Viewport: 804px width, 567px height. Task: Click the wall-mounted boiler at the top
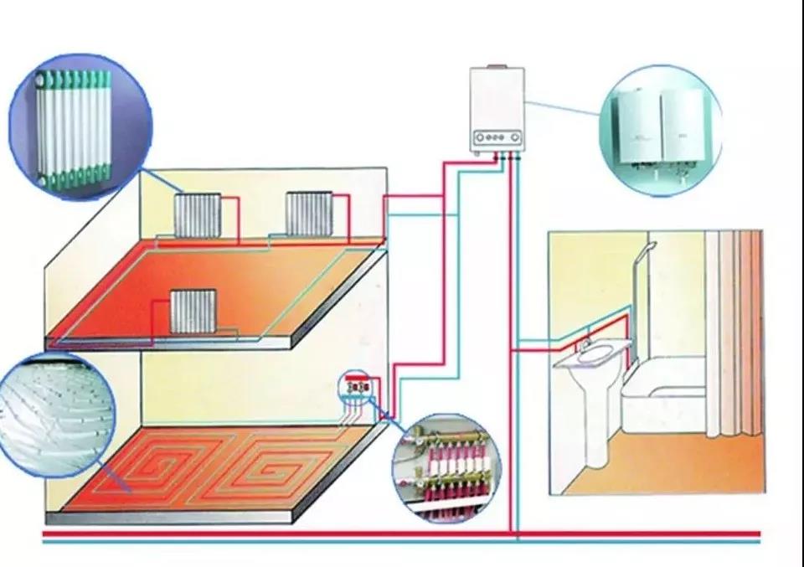[497, 109]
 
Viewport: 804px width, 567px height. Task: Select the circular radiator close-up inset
[79, 126]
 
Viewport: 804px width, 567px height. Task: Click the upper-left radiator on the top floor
[198, 214]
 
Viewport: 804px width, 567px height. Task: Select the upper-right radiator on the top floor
[309, 214]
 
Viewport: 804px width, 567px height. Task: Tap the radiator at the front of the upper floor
[193, 312]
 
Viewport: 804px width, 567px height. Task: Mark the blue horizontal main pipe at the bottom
[402, 542]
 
